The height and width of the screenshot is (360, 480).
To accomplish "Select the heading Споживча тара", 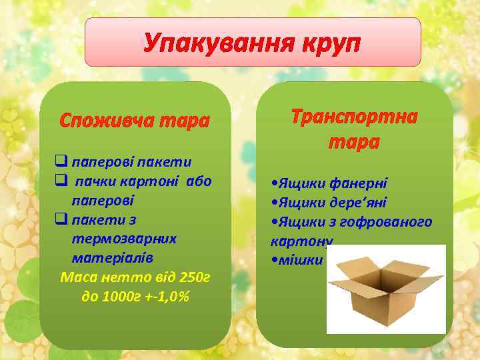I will [134, 121].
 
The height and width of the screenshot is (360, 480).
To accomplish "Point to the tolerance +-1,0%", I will [168, 296].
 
